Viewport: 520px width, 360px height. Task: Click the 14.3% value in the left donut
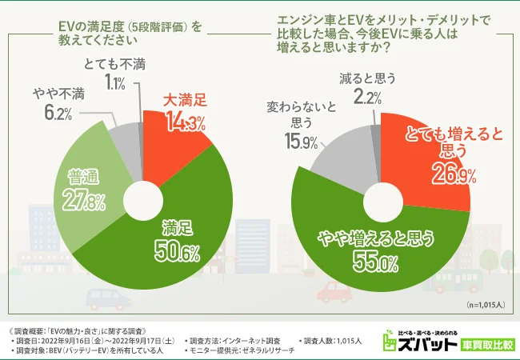click(x=186, y=122)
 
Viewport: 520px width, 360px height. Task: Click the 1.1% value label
click(x=114, y=82)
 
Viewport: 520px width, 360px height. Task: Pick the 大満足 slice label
click(x=185, y=102)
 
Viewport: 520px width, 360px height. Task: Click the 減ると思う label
click(x=368, y=78)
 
